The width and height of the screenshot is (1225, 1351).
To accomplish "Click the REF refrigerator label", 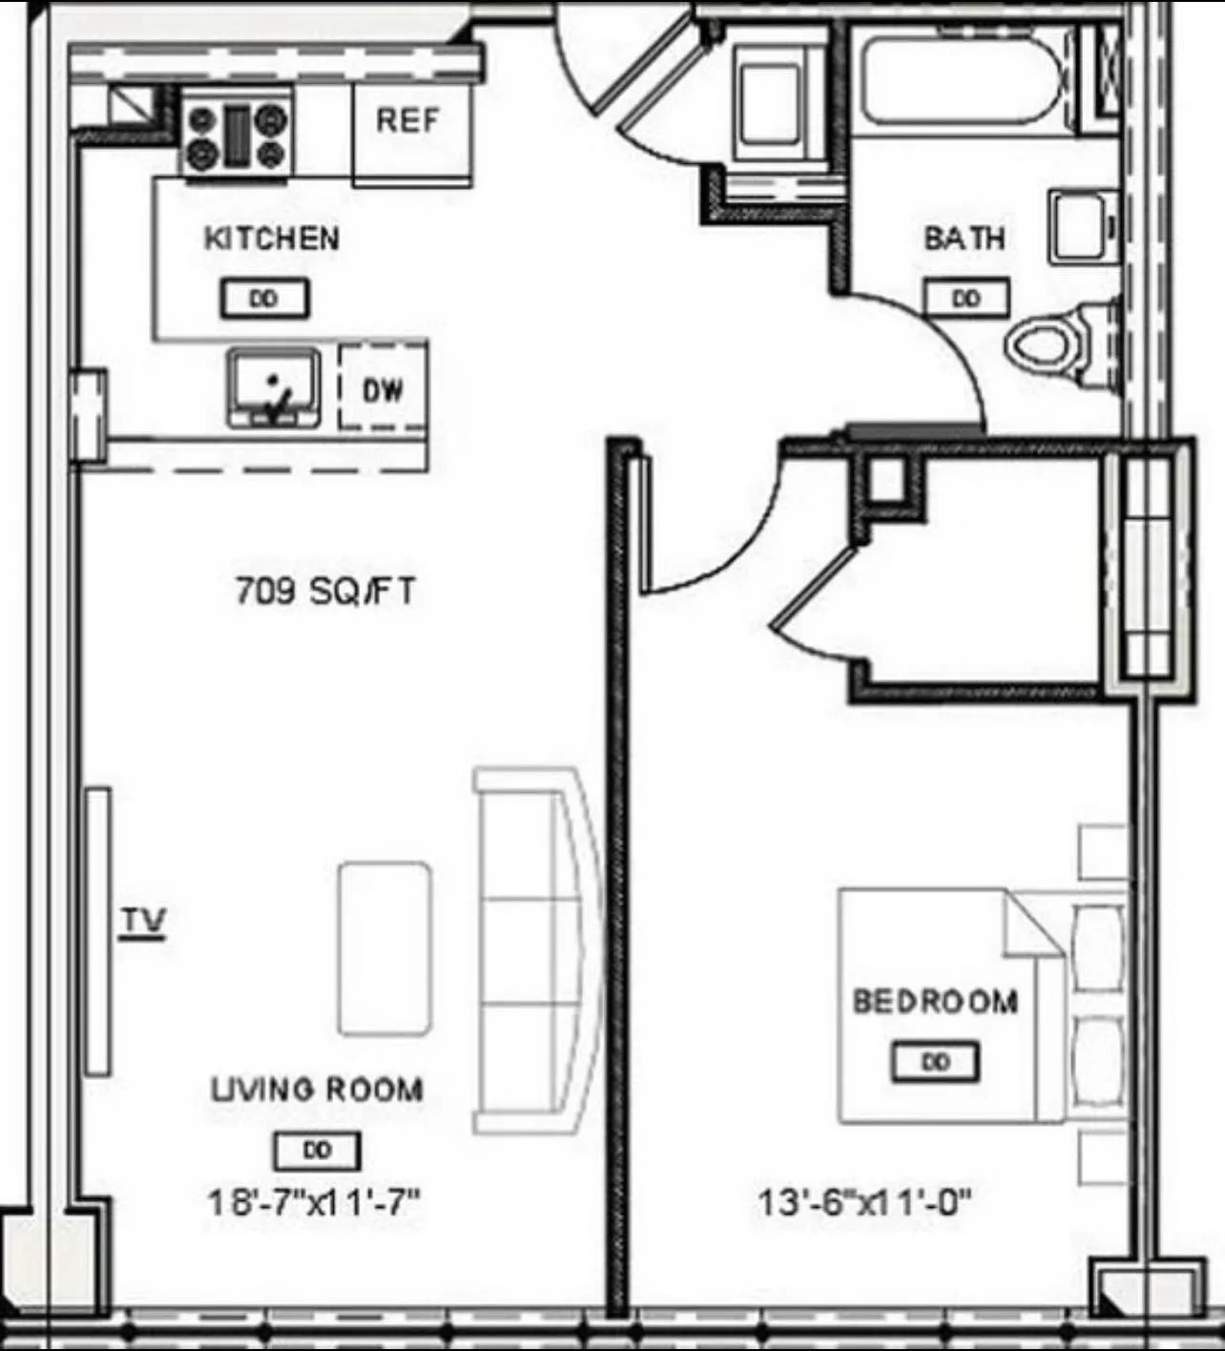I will tap(407, 121).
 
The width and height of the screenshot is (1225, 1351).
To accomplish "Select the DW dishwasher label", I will tap(383, 389).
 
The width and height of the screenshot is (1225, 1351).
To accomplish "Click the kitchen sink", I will tap(273, 385).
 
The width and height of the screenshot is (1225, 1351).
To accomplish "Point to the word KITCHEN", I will tap(272, 238).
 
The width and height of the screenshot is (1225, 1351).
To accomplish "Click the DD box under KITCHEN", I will tap(264, 299).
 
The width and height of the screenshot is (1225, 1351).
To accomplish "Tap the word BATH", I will tap(964, 238).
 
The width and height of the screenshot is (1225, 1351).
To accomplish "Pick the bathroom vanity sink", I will tap(1084, 226).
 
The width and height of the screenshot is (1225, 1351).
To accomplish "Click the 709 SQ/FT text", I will tap(325, 592).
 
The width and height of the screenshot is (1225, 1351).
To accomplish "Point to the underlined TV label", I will tap(143, 922).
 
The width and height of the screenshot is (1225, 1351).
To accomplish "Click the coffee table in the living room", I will tap(384, 948).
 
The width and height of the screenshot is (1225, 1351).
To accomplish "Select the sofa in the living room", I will tap(534, 950).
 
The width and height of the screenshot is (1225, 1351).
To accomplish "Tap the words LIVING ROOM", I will tap(317, 1089).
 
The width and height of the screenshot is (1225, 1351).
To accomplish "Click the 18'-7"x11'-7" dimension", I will tap(314, 1201).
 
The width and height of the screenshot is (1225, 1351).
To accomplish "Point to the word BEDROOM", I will tap(935, 1001).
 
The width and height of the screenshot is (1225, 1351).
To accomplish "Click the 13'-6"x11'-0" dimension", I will tap(864, 1201).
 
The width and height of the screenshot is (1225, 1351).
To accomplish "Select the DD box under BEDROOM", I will tap(935, 1062).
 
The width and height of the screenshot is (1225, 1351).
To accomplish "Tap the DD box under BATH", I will tap(965, 299).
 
